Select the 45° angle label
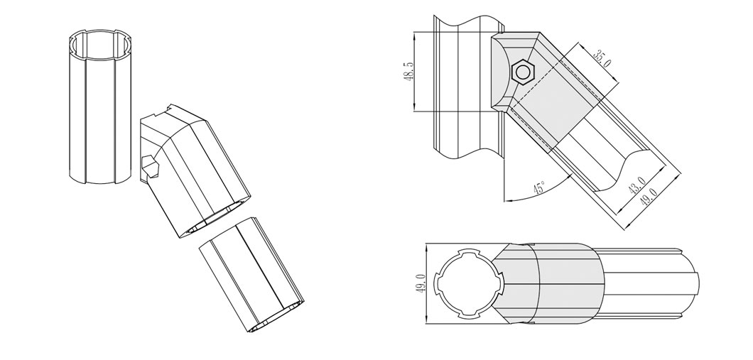pos(539,189)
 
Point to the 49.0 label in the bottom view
pos(420,284)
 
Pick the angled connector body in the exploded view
pos(195,170)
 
